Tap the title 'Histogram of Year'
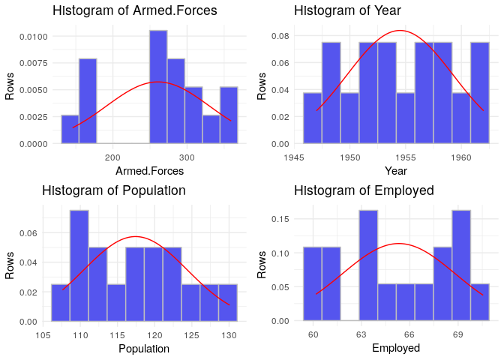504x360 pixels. pos(347,11)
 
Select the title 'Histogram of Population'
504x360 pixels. pos(114,190)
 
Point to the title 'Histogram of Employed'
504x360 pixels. pos(364,190)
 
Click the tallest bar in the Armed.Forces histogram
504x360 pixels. pos(157,86)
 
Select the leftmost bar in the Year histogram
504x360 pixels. pos(312,118)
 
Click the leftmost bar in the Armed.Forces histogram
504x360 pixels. pos(70,129)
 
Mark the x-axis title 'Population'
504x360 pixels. pos(144,349)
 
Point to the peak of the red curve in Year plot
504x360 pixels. pos(400,31)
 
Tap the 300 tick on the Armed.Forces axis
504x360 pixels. pos(187,157)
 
